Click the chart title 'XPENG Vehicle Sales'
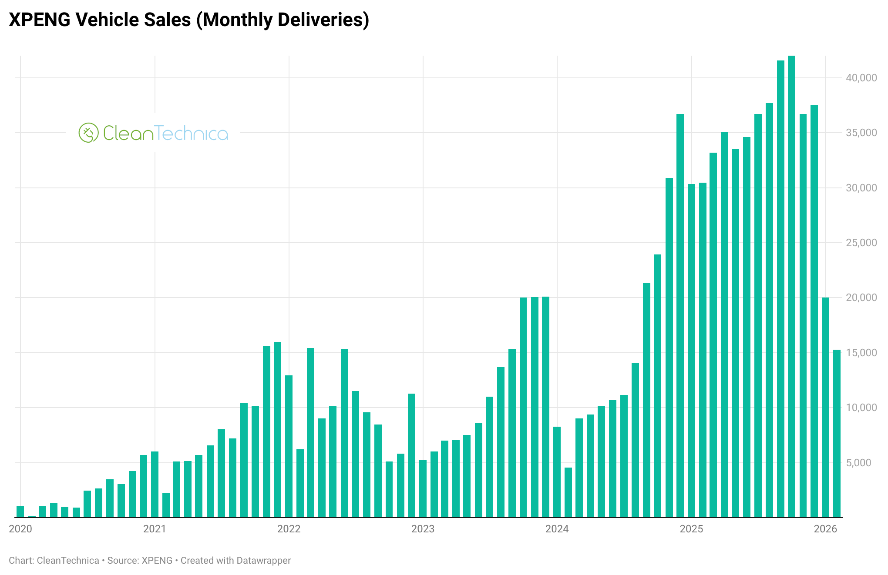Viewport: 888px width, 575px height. pos(189,20)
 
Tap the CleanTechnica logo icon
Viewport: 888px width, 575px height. pos(88,133)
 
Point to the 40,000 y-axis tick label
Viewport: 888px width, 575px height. pos(861,78)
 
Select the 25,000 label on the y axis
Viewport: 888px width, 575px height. pos(861,243)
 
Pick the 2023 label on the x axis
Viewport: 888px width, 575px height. pos(423,529)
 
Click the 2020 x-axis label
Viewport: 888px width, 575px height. pos(20,529)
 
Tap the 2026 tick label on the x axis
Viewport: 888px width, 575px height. pos(825,529)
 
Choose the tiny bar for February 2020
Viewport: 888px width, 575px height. pos(32,516)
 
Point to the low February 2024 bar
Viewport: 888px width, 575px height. pos(568,492)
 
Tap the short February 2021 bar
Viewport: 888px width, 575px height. pos(166,505)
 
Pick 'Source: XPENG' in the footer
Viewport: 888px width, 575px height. pos(140,561)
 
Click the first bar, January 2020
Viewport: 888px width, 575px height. pos(20,511)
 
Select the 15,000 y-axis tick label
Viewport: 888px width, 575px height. pos(861,353)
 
